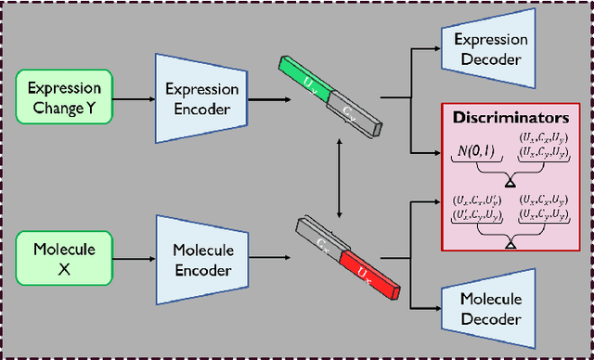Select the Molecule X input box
click(x=64, y=258)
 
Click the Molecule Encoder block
click(x=202, y=258)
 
